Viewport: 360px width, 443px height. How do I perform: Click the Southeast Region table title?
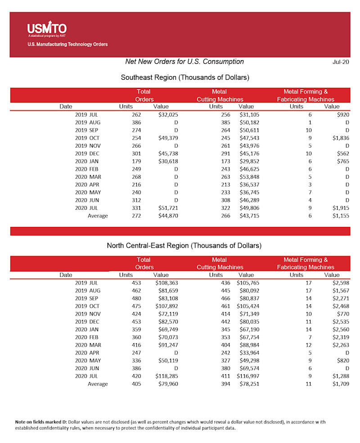(x=185, y=77)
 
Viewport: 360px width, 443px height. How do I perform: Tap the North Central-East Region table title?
(x=184, y=246)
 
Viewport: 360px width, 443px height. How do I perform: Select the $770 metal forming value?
(x=342, y=314)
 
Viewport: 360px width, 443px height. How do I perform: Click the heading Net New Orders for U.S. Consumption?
(x=184, y=62)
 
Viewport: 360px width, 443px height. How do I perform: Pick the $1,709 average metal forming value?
(x=341, y=384)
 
